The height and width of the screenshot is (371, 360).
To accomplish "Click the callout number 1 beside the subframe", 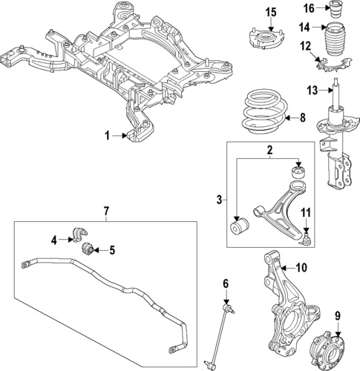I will pos(106,136).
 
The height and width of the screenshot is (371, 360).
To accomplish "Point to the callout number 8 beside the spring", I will pos(301,118).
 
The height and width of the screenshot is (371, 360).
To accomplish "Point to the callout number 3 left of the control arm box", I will pos(218,199).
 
